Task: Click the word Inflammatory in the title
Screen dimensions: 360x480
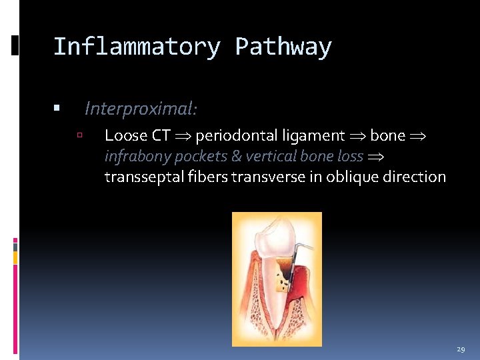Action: [136, 47]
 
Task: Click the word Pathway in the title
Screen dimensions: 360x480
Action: [283, 47]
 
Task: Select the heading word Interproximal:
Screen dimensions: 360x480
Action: [141, 108]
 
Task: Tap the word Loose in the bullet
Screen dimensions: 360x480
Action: [126, 136]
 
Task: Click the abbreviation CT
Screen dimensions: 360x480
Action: [161, 136]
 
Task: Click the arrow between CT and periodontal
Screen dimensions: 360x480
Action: [183, 137]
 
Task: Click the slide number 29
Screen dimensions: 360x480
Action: [461, 349]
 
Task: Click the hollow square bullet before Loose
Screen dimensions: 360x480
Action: [79, 135]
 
